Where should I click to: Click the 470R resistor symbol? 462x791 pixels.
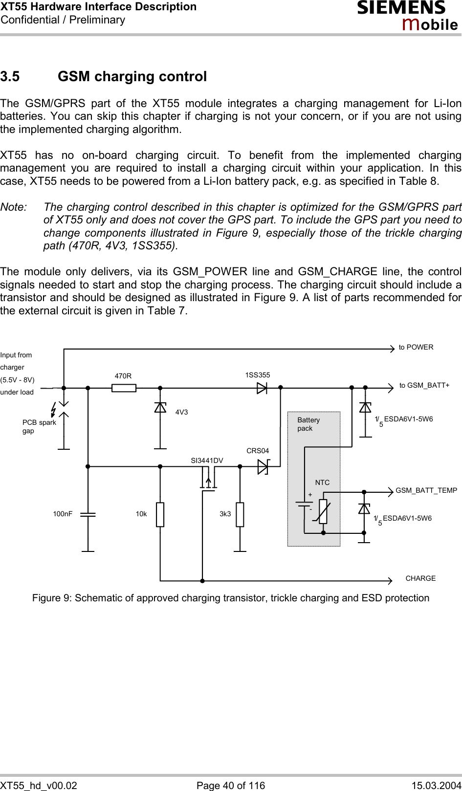pos(124,388)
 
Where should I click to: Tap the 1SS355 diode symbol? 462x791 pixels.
pos(262,388)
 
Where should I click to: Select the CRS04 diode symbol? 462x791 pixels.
pos(263,467)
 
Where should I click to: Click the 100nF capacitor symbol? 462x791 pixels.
pos(88,514)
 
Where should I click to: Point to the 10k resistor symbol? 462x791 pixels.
pos(160,514)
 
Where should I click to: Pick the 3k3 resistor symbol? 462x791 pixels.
pos(240,514)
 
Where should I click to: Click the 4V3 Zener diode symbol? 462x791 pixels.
pos(160,407)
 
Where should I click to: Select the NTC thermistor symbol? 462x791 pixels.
pos(323,511)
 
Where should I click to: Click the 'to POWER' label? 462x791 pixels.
pos(416,348)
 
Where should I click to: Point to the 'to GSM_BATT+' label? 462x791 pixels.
pos(424,385)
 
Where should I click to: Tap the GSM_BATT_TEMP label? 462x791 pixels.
pos(426,490)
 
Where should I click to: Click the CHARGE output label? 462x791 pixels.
pos(420,578)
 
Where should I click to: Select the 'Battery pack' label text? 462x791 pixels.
pos(308,424)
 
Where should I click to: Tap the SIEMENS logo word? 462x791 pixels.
pos(401,8)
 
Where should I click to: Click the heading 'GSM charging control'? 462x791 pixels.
pos(132,77)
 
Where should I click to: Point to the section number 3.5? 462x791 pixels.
pos(10,77)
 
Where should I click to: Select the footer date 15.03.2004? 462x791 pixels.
pos(436,785)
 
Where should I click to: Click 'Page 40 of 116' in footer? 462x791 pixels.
pos(230,785)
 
